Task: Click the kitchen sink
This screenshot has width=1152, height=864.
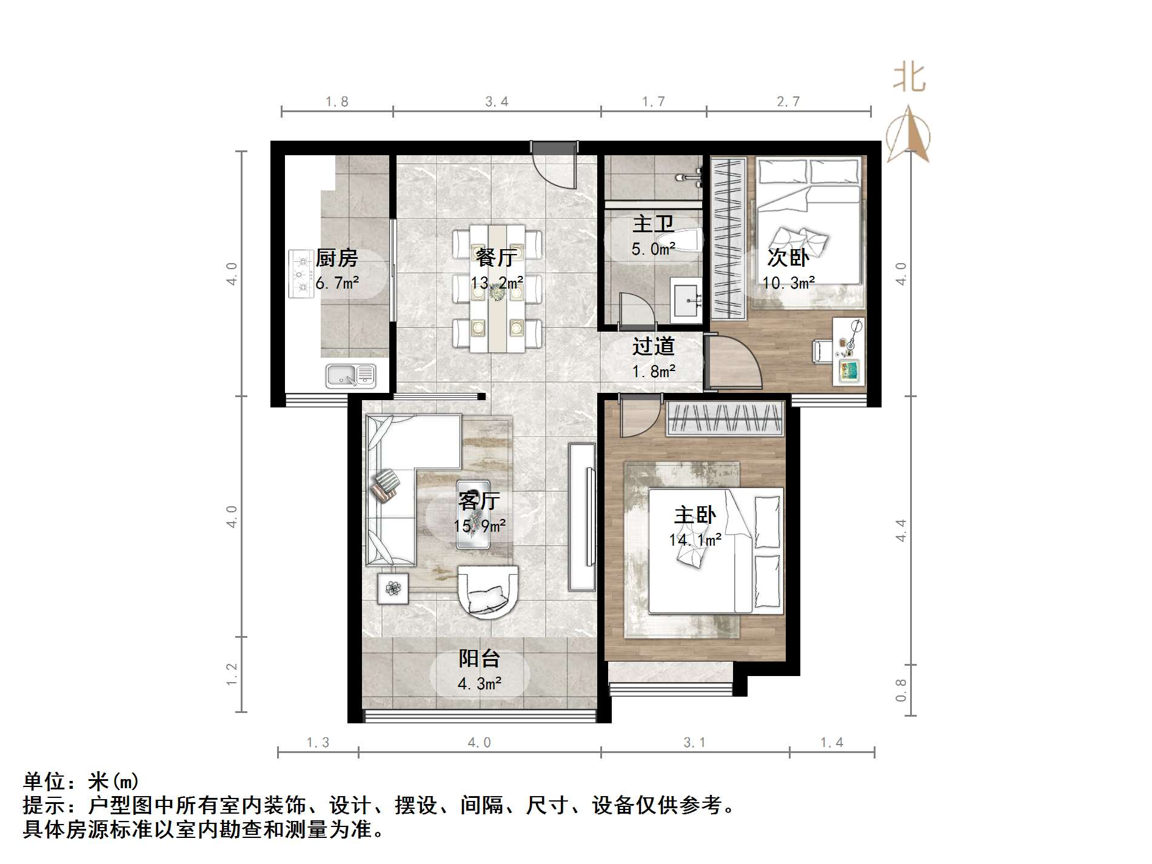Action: [350, 375]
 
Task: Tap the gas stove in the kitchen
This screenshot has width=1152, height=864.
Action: [300, 274]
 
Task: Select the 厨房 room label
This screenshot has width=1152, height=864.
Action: [337, 258]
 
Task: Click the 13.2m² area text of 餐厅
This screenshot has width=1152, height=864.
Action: [497, 283]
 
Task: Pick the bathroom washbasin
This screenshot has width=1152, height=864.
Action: [686, 300]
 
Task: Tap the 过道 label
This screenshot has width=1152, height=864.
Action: [653, 346]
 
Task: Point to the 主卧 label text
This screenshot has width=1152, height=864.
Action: [695, 515]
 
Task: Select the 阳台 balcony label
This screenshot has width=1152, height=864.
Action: [479, 658]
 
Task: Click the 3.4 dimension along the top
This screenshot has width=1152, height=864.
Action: [497, 102]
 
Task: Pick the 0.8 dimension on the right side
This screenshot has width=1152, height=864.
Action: [901, 690]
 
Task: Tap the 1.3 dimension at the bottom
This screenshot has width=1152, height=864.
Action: [318, 743]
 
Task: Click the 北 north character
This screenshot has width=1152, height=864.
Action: [909, 79]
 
